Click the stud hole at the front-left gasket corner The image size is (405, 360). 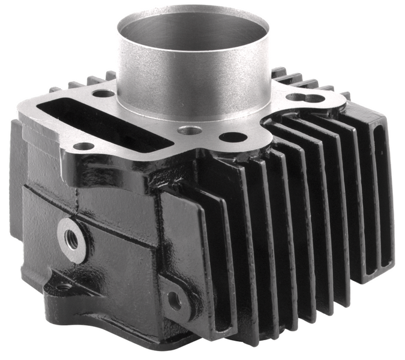(83, 146)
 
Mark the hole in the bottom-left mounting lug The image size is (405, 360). (62, 286)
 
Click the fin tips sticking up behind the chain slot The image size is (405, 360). (90, 80)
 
